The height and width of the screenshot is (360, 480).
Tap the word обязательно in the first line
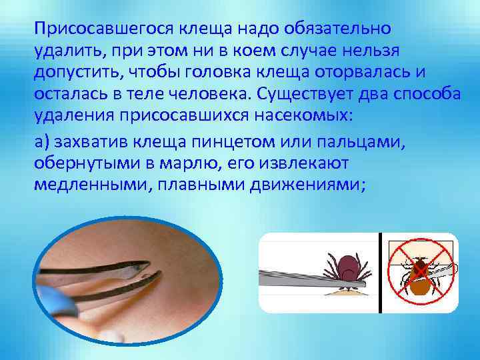pos(339,29)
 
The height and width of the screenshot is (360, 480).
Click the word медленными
pos(90,185)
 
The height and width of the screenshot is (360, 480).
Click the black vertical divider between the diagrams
pos(380,273)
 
